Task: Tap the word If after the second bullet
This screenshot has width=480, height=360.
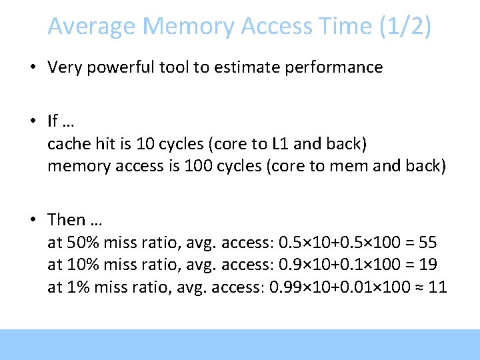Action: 53,121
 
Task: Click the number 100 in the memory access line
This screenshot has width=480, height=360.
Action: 189,165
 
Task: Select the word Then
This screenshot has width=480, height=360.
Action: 67,219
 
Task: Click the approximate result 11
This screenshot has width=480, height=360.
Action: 437,287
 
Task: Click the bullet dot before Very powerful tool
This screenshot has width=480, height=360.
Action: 32,67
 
